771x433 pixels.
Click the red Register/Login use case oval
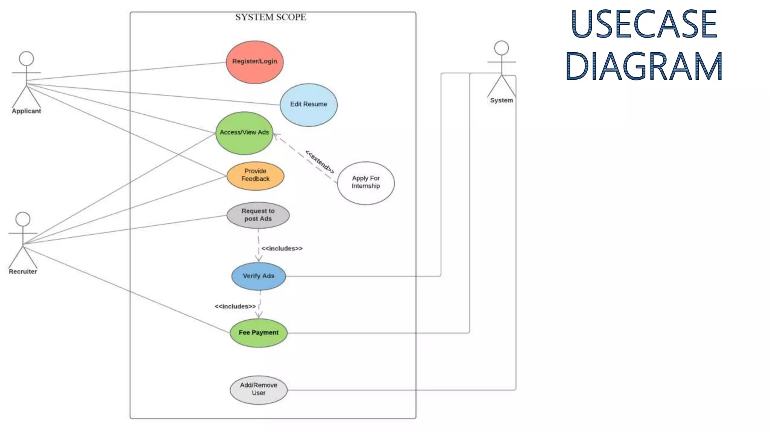pos(254,62)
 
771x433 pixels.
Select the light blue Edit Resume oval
pos(308,105)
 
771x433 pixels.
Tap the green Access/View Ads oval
pos(244,133)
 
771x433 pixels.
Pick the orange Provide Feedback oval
pos(255,176)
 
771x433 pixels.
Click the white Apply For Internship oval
pos(366,183)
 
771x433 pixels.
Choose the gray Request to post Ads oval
pos(258,215)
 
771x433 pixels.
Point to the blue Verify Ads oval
pos(258,276)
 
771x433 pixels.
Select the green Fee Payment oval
pos(258,333)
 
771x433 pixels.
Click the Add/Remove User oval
pos(258,390)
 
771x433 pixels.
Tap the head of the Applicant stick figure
pos(26,59)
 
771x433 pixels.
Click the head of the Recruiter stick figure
pos(23,219)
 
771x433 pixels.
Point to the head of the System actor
pos(501,48)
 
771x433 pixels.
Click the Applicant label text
pos(26,111)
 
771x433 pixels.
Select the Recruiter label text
pos(23,272)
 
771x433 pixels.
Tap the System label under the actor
pos(501,100)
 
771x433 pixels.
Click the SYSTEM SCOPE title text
pos(270,17)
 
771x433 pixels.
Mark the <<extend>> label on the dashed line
pos(320,162)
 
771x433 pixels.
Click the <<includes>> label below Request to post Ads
pos(282,248)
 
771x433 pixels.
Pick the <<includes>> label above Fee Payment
pos(235,306)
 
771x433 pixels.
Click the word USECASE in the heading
pos(644,24)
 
